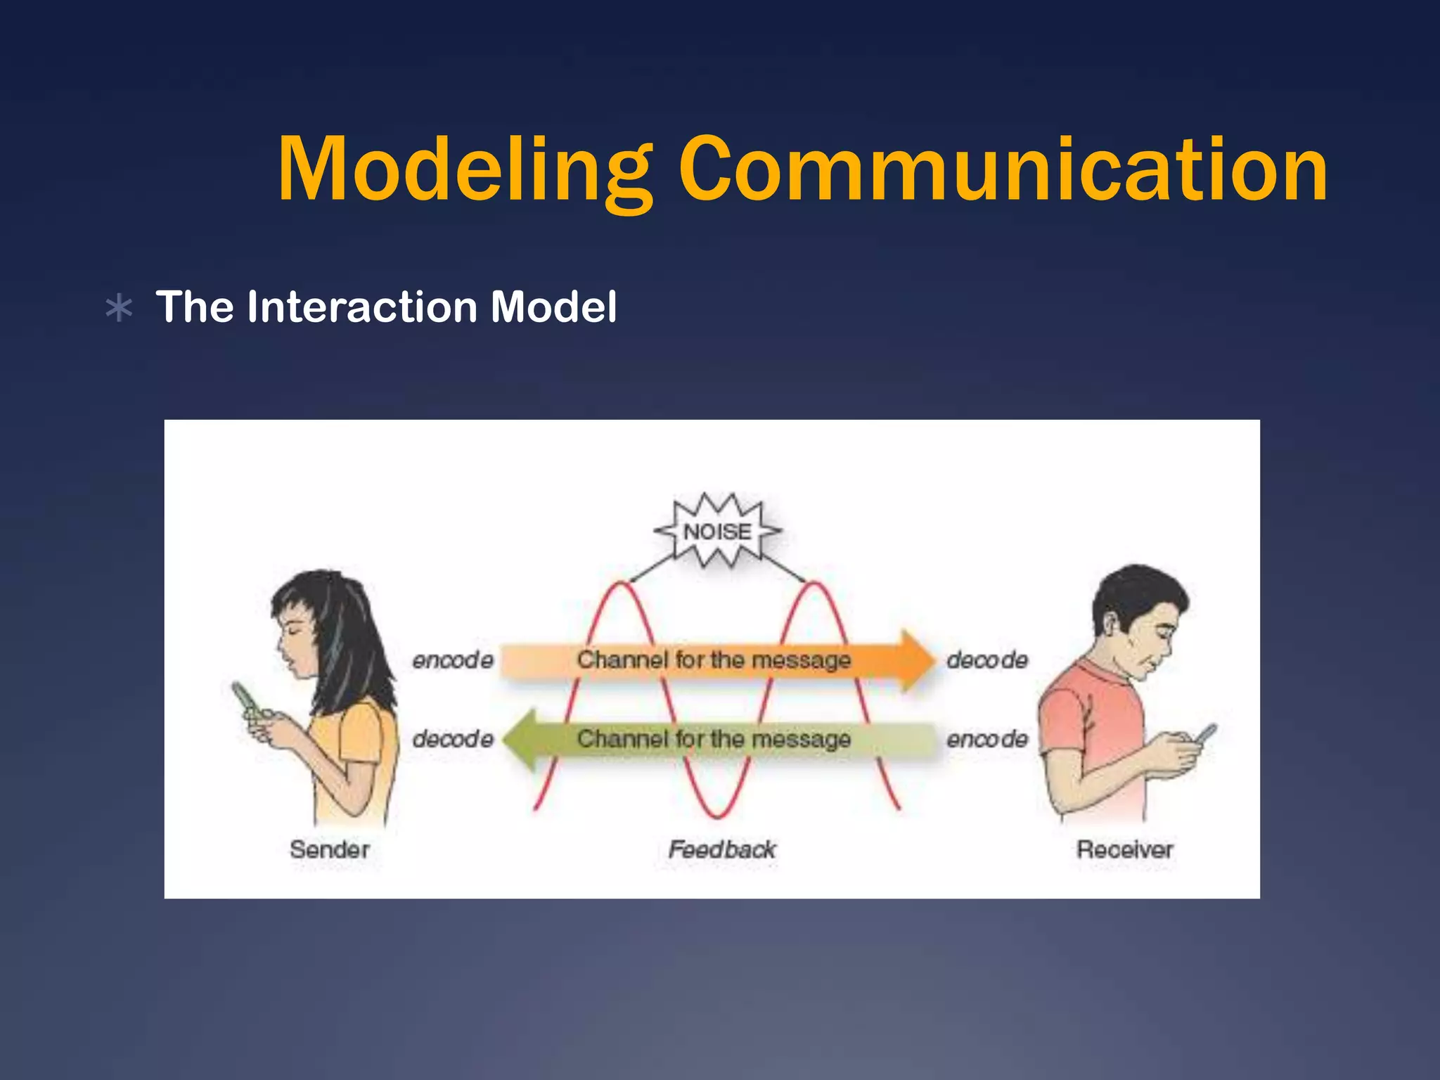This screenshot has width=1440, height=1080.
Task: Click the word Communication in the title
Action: (1003, 170)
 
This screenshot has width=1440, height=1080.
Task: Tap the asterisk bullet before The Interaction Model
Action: (119, 308)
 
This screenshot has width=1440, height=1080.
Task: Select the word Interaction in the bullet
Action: (362, 307)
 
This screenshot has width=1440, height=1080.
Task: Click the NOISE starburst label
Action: (717, 531)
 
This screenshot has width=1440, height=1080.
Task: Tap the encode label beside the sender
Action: (453, 660)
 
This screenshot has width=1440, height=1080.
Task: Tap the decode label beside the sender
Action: (453, 738)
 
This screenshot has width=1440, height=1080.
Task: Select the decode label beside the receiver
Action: (987, 660)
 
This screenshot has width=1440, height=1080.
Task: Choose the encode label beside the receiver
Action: (987, 738)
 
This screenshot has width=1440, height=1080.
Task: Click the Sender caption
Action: (330, 849)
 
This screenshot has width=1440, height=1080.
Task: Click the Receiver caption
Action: (1125, 849)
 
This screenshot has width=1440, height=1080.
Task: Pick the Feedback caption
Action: (722, 849)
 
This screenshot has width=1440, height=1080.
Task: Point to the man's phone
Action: (1205, 735)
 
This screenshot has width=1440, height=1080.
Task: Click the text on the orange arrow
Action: (714, 660)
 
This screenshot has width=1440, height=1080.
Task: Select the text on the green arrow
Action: (714, 738)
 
